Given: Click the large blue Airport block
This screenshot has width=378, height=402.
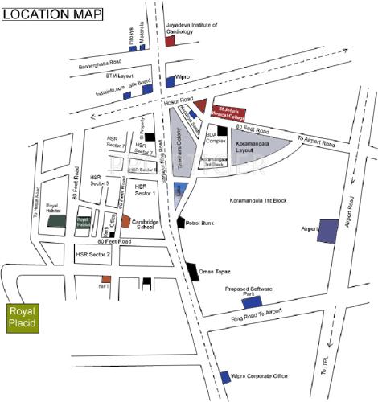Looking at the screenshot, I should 327,231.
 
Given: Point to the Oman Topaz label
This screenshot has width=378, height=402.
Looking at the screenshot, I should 218,272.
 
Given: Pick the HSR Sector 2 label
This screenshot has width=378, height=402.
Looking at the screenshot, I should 98,254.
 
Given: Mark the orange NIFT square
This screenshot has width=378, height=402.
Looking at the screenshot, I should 105,279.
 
